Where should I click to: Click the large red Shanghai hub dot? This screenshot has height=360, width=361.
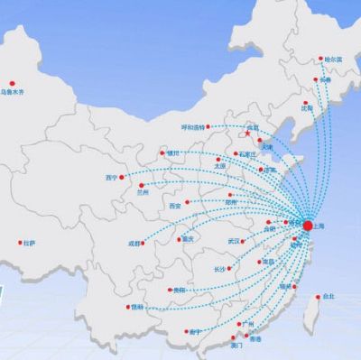(308, 225)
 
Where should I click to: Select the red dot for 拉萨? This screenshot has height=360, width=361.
(20, 242)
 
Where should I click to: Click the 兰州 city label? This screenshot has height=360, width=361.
(143, 191)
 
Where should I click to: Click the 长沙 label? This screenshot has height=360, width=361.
(219, 270)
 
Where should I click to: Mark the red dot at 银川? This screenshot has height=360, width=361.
(162, 155)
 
